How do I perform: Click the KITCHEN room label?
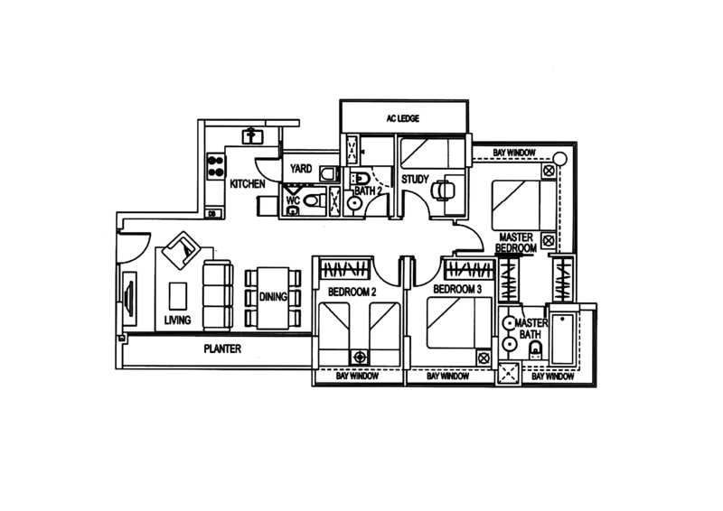tap(245, 184)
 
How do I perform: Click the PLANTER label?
tap(220, 348)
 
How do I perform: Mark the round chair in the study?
tap(442, 190)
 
